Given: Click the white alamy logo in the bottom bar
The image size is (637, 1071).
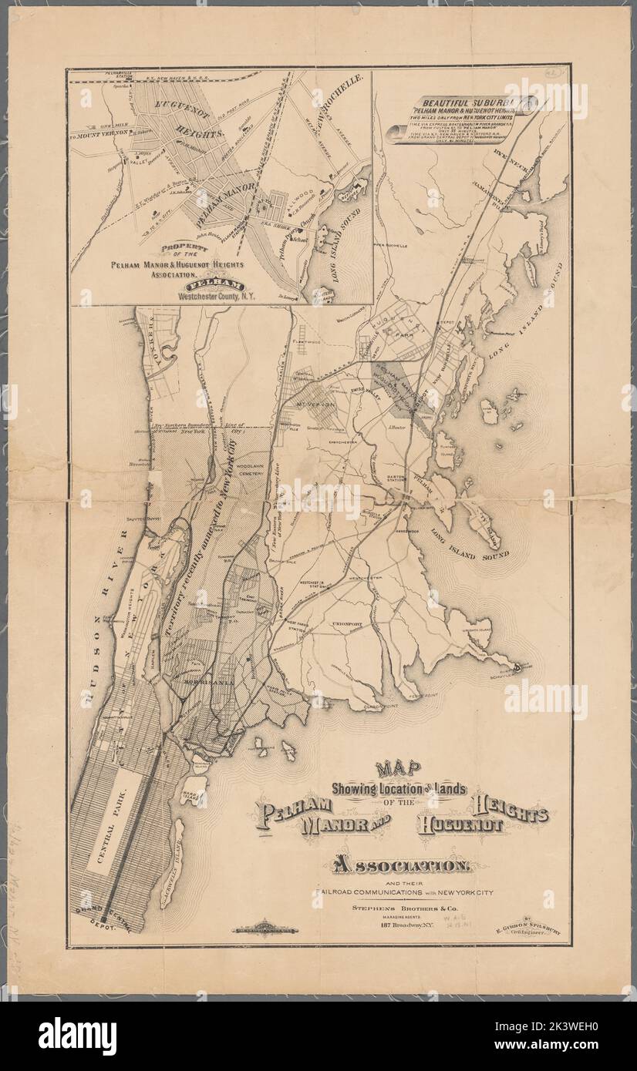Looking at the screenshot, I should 77,1036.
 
